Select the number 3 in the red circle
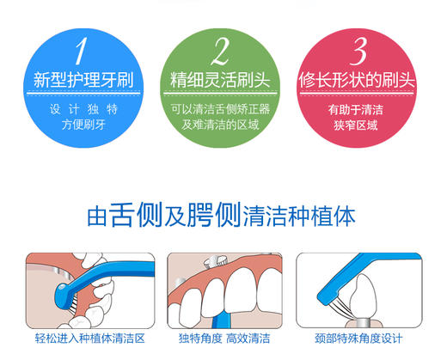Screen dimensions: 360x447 pyautogui.click(x=360, y=52)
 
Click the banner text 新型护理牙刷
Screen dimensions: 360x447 pyautogui.click(x=81, y=82)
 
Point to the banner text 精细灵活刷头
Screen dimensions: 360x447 pyautogui.click(x=221, y=82)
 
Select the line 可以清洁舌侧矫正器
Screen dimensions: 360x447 pyautogui.click(x=221, y=108)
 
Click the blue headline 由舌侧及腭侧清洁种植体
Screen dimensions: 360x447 pyautogui.click(x=221, y=215)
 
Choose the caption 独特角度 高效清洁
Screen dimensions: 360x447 pyautogui.click(x=223, y=339)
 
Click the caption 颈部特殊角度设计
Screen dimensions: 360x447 pyautogui.click(x=358, y=339)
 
